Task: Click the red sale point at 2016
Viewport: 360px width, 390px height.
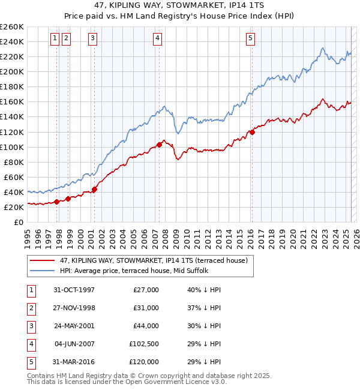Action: point(252,132)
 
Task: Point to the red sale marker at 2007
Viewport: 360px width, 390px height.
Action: point(159,145)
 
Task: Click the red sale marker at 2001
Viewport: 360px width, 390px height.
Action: point(95,189)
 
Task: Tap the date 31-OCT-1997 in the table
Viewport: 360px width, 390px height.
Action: point(74,290)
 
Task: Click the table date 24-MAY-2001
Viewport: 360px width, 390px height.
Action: point(74,326)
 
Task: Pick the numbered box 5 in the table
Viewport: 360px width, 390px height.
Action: point(31,362)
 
